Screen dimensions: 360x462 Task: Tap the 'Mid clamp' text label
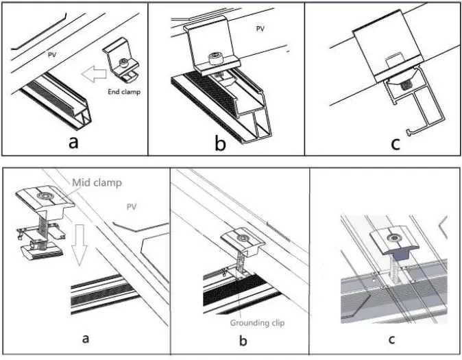(x=95, y=182)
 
